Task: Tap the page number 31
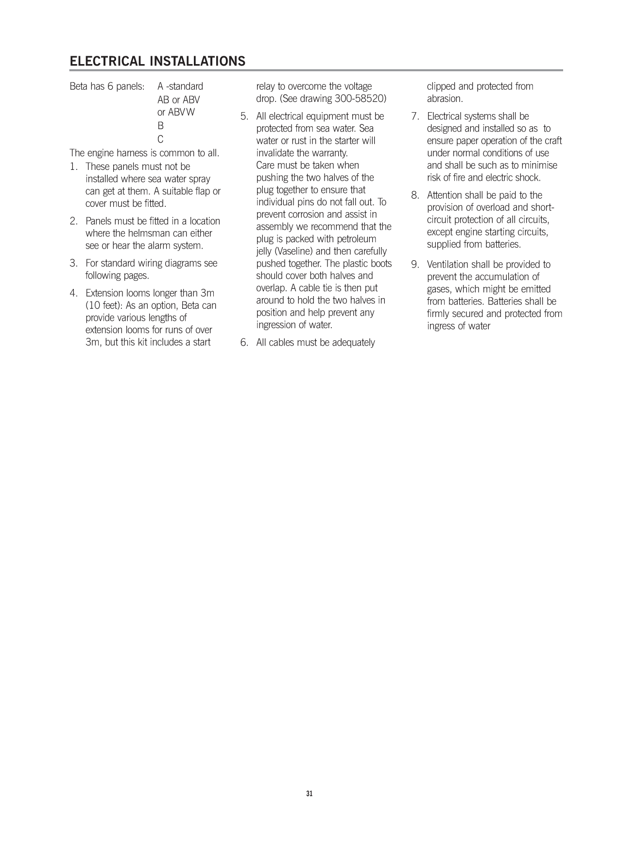309,794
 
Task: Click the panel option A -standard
180,86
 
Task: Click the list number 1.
73,167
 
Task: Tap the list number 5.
244,116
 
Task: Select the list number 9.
415,265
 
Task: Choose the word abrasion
444,99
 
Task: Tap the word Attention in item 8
445,195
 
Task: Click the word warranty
330,153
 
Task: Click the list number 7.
415,116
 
